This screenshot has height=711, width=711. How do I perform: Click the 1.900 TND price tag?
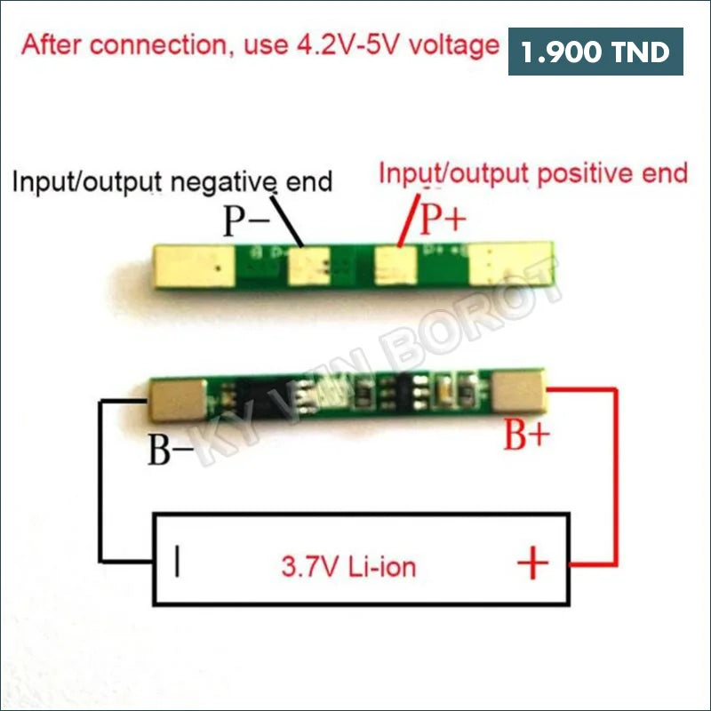click(x=595, y=52)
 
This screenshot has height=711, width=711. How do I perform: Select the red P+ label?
click(x=443, y=217)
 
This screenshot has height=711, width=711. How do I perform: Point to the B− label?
click(x=170, y=451)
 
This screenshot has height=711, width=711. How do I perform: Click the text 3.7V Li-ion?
click(x=348, y=565)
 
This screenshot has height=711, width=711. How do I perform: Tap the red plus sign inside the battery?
click(x=532, y=563)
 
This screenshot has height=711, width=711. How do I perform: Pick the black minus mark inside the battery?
click(x=179, y=563)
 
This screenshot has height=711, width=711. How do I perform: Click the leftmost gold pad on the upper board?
click(x=193, y=266)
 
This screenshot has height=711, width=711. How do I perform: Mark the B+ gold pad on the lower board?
click(x=517, y=392)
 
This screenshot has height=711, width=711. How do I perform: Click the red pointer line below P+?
click(x=408, y=222)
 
